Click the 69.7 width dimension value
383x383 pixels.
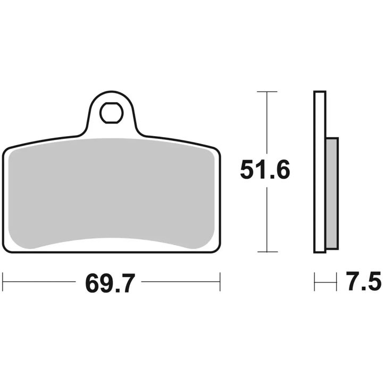tap(110, 284)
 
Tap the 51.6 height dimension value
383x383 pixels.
tap(265, 170)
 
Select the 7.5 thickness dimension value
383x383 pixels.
tap(364, 281)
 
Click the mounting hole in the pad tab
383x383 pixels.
tap(111, 113)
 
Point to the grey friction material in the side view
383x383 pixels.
tap(332, 194)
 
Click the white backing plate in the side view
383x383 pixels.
tap(320, 172)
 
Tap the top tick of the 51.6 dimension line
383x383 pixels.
tap(267, 91)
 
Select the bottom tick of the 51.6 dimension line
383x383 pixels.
tap(267, 252)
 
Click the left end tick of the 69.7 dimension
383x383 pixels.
tap(3, 281)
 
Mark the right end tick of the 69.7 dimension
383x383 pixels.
tap(220, 281)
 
